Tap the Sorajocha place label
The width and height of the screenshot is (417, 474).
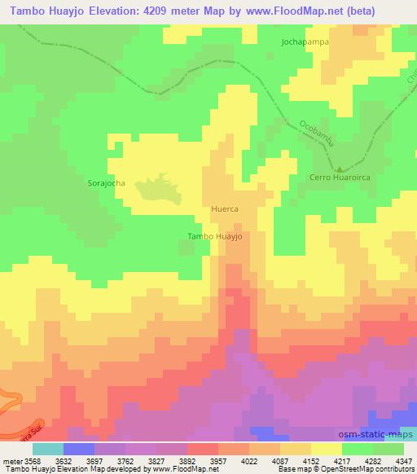click(106, 183)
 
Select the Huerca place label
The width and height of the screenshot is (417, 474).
click(224, 208)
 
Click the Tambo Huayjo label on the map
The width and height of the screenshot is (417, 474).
click(215, 236)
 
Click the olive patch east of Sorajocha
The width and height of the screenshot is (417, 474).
click(156, 190)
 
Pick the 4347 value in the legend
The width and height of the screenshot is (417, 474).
click(401, 460)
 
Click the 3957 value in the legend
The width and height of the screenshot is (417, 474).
click(217, 460)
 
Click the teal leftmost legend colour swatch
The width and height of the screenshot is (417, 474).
click(47, 449)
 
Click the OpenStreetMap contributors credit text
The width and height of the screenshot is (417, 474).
click(369, 469)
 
